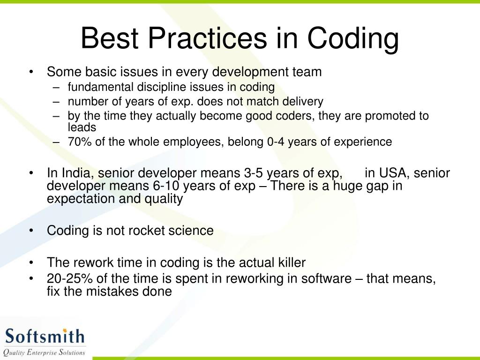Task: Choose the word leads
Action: pos(82,127)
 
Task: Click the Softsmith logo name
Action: pos(45,337)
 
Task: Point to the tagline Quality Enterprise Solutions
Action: pos(45,352)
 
